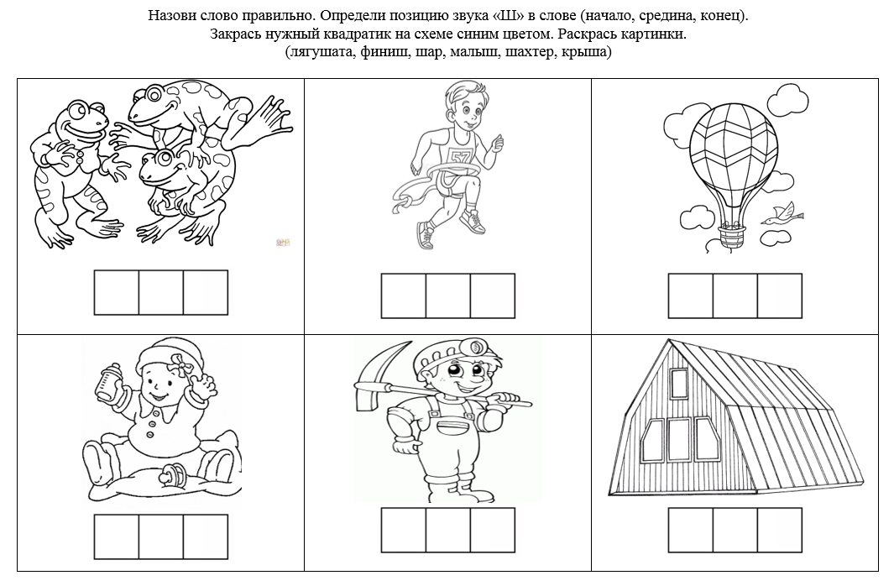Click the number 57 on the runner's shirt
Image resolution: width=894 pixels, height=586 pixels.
tap(458, 156)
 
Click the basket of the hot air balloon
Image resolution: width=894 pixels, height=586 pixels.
tap(731, 235)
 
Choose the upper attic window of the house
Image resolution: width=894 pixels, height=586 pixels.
tap(680, 383)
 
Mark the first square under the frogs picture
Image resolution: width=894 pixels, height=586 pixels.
tap(117, 292)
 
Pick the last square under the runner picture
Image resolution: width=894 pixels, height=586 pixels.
tap(493, 296)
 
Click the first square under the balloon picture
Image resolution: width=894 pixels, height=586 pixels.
tap(691, 296)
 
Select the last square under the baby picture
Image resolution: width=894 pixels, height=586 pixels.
tap(206, 537)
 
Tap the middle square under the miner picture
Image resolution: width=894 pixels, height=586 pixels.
tap(448, 530)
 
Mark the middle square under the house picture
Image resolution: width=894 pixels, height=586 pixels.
tap(735, 530)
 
